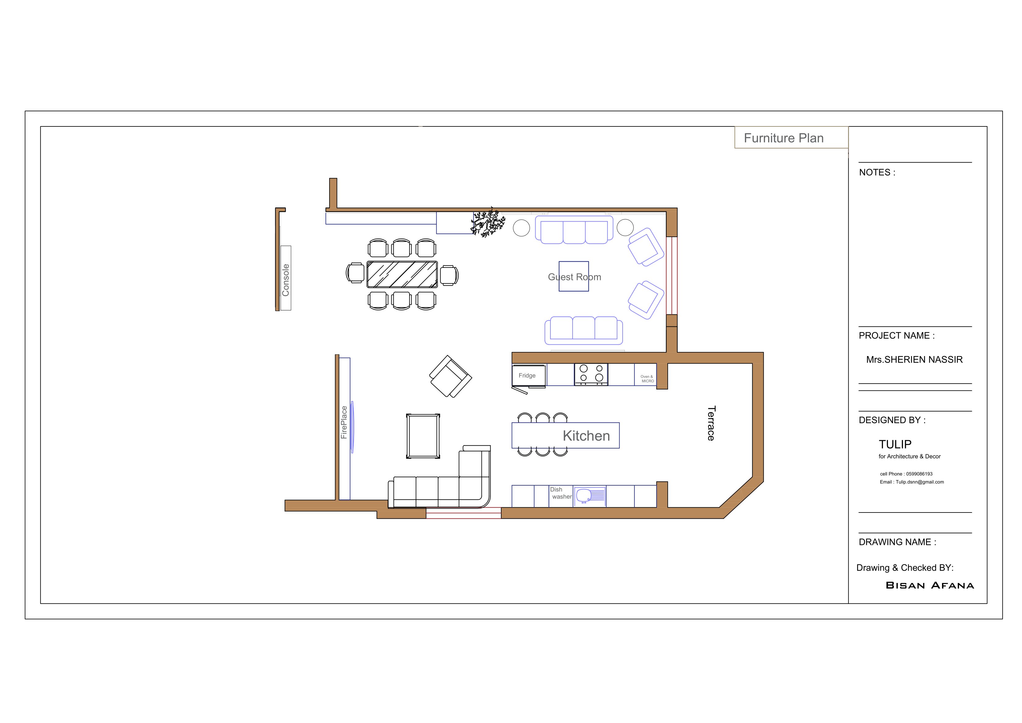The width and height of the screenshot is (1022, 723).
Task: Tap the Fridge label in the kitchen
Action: click(x=527, y=376)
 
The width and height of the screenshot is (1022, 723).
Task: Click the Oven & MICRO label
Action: click(x=647, y=379)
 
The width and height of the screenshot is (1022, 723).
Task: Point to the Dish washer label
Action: click(x=560, y=493)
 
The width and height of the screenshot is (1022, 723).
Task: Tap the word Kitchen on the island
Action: click(x=586, y=436)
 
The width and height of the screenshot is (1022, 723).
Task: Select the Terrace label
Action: click(x=711, y=423)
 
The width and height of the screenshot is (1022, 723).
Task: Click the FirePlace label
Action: click(x=344, y=422)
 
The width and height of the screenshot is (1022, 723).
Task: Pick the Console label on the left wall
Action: click(x=286, y=280)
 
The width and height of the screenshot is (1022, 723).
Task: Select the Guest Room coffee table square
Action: click(x=574, y=276)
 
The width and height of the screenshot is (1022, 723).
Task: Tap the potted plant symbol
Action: click(x=488, y=222)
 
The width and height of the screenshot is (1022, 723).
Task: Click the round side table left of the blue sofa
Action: click(x=521, y=228)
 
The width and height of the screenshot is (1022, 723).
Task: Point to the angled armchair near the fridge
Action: click(x=450, y=376)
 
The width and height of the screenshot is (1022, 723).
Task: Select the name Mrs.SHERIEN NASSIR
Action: click(x=914, y=359)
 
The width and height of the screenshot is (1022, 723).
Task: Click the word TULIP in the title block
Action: click(x=895, y=444)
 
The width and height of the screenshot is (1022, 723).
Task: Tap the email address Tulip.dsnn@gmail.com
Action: click(x=919, y=482)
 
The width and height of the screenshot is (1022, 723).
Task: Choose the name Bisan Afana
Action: click(x=929, y=585)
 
